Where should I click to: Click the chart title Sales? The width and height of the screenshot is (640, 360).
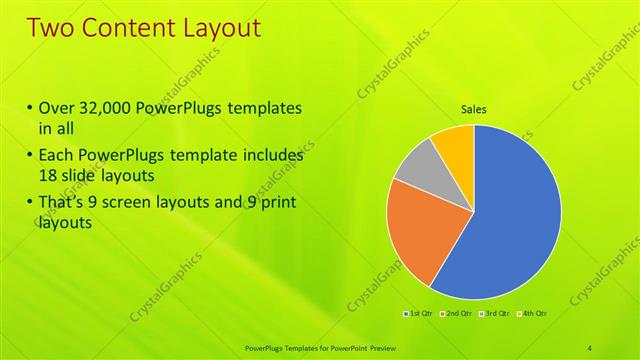tap(474, 109)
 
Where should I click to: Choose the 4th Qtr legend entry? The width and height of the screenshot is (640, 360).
tap(533, 313)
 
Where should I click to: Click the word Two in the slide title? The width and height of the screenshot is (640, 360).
tap(53, 27)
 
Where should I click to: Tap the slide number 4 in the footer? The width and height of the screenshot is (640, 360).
tap(590, 348)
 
